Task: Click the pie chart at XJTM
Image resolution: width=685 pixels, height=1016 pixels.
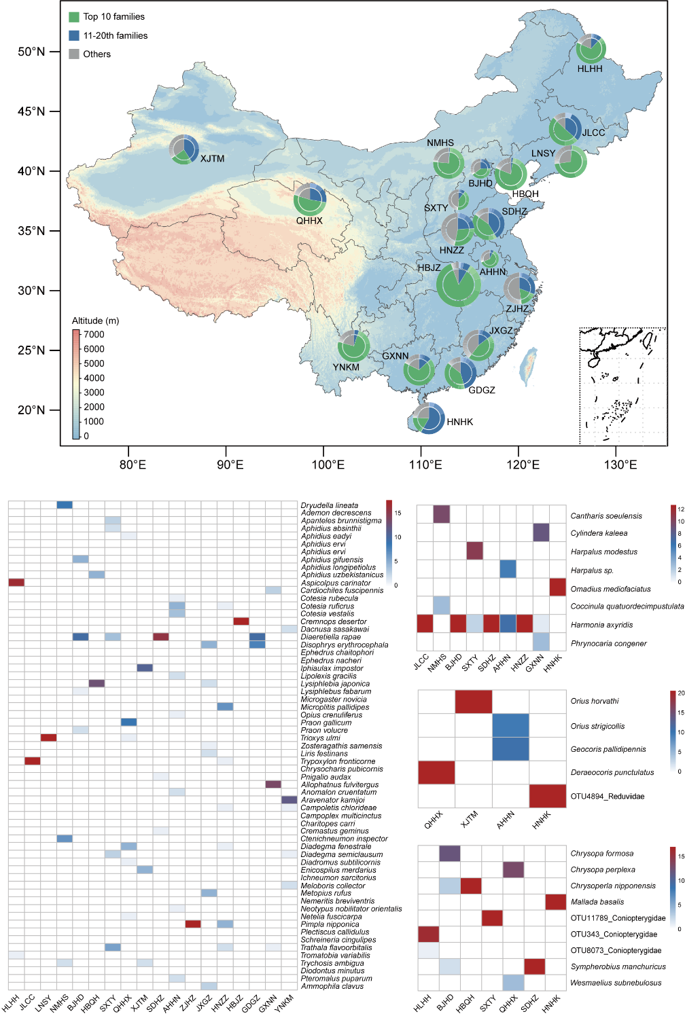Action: (183, 149)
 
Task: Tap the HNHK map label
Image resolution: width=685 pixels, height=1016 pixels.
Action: (459, 422)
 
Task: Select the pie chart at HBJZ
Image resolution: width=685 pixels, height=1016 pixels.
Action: (459, 285)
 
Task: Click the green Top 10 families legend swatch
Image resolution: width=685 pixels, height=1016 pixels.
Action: (74, 16)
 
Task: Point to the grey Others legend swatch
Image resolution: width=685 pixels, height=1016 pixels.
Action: (74, 54)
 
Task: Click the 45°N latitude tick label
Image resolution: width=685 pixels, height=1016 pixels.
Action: (31, 111)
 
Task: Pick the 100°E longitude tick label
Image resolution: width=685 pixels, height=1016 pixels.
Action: (328, 465)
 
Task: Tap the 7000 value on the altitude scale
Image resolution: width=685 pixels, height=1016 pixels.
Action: (94, 334)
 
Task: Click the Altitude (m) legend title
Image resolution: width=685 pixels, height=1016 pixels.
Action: (96, 321)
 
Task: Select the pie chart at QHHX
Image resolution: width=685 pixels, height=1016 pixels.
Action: (310, 199)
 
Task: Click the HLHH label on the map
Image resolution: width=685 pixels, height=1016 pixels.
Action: (590, 69)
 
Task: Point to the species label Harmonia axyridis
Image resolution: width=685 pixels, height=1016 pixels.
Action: (601, 625)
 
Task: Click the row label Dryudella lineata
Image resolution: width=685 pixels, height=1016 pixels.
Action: (329, 505)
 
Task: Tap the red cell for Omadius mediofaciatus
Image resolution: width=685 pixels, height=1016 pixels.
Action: (557, 587)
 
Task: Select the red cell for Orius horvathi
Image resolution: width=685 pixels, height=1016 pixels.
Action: (473, 701)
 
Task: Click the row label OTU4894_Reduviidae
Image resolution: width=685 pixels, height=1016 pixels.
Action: (607, 796)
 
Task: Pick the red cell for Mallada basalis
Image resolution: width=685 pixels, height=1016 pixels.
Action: (555, 902)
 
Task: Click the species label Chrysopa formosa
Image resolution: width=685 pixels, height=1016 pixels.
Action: (601, 854)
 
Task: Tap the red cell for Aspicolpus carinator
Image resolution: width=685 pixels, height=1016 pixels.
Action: (16, 582)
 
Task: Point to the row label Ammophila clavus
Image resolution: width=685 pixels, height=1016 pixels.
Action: (332, 986)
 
